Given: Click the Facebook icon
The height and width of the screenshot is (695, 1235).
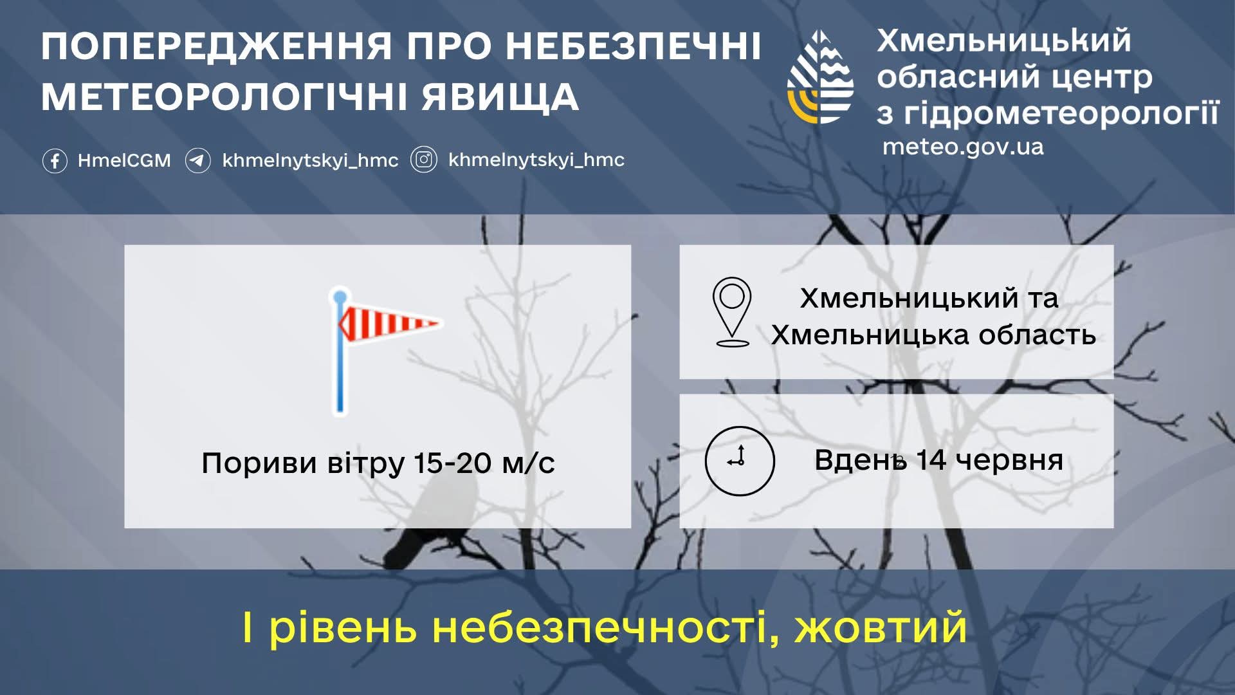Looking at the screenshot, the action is [x=55, y=160].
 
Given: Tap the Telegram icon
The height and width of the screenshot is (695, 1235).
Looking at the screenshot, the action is [x=197, y=160].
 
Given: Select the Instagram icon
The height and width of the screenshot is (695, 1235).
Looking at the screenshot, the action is [x=424, y=160].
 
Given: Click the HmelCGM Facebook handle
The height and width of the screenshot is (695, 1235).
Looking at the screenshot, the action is [x=124, y=160].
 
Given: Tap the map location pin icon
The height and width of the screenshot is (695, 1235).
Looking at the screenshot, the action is [x=732, y=312].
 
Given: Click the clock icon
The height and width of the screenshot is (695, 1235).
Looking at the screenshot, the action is [x=740, y=461].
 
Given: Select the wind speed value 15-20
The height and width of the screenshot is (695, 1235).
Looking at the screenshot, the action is [x=452, y=463].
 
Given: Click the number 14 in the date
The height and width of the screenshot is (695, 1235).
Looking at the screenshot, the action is [x=931, y=460].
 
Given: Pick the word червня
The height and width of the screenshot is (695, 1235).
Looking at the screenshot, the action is [x=1009, y=461].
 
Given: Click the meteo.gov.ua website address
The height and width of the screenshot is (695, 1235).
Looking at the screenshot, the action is [x=963, y=147].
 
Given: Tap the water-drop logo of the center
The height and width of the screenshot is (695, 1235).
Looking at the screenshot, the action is [x=821, y=77].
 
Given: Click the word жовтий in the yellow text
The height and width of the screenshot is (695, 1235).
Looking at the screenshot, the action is [x=881, y=627].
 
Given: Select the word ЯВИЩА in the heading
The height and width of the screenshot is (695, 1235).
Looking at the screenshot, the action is [x=500, y=97].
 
